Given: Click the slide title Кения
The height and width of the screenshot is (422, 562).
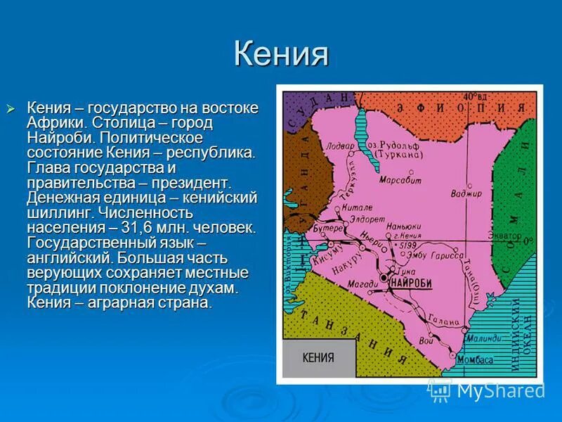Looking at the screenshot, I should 281,54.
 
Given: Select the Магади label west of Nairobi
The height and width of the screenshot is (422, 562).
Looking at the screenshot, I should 362,283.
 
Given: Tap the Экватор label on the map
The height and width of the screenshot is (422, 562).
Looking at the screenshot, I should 506,236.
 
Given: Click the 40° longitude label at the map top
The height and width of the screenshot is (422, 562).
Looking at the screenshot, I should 475,96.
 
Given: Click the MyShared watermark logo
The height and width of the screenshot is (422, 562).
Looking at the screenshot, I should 486,390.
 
